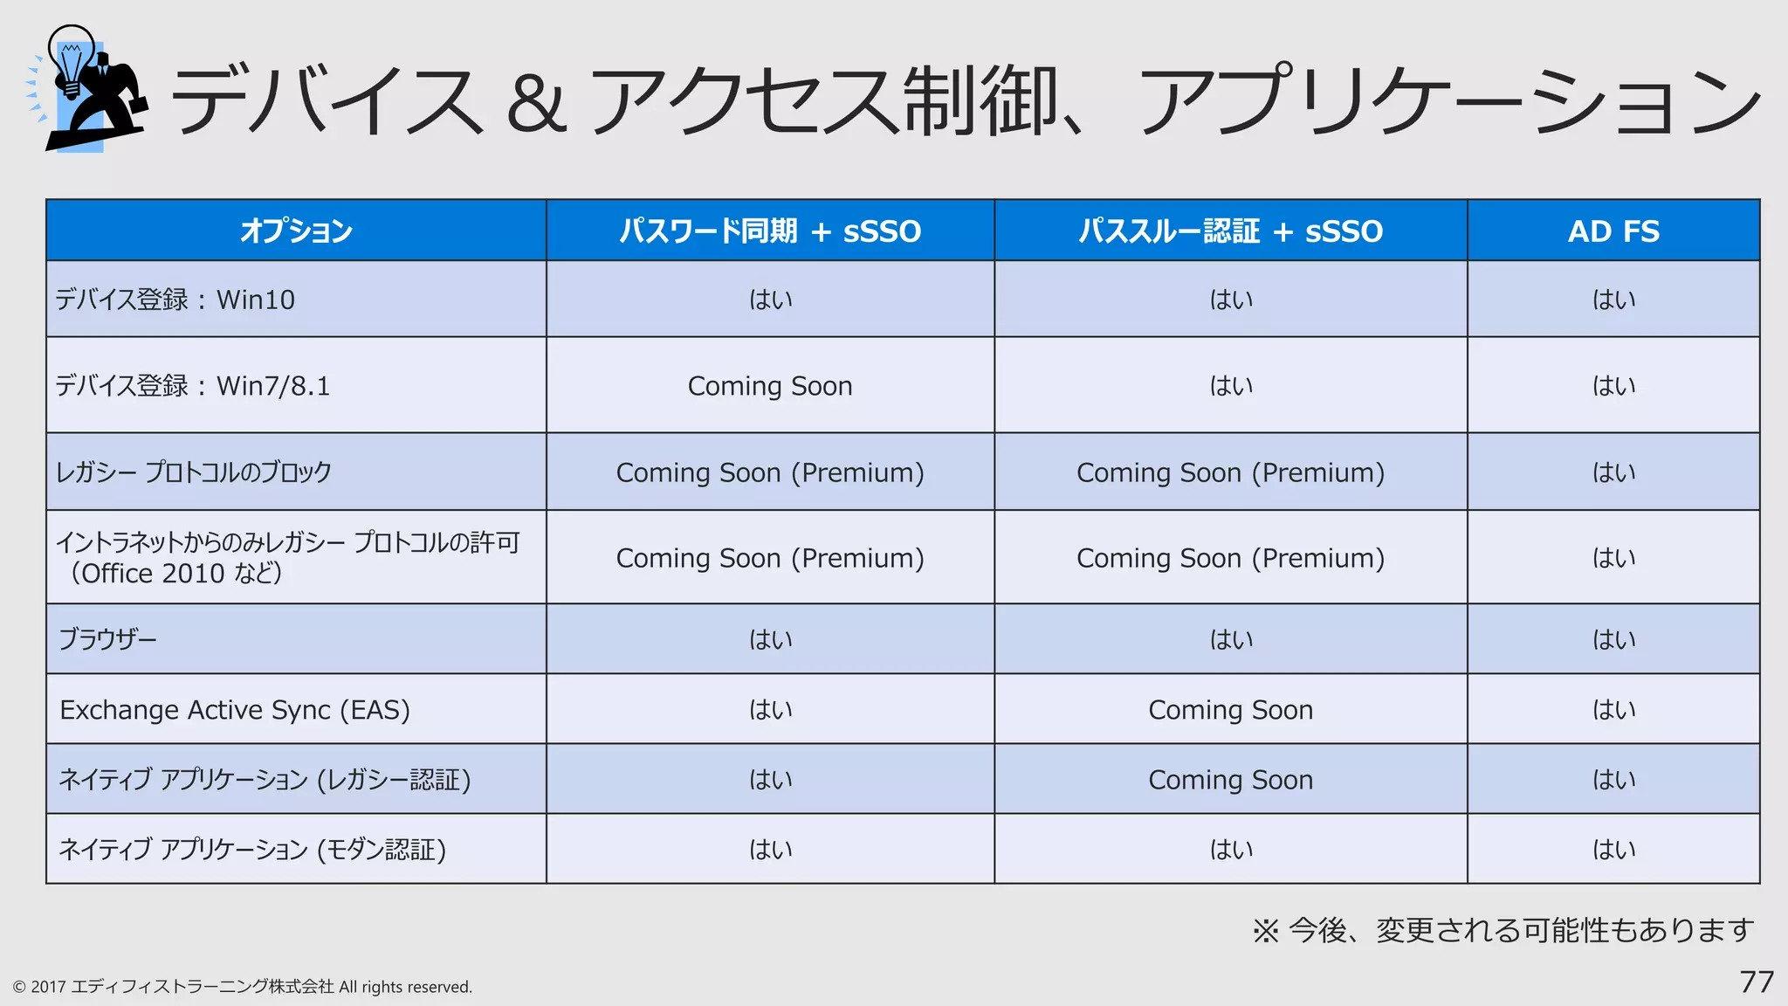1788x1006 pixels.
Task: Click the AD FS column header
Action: click(1613, 231)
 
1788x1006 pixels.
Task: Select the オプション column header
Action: click(296, 231)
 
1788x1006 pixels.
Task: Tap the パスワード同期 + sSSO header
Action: click(770, 231)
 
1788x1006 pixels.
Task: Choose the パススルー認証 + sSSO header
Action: click(1230, 231)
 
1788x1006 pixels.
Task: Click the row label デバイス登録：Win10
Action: click(175, 300)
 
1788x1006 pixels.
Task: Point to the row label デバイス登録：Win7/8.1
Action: click(193, 386)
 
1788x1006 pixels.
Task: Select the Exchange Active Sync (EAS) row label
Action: click(235, 710)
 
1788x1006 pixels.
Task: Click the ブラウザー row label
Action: click(108, 639)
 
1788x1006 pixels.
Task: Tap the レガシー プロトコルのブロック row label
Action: click(194, 472)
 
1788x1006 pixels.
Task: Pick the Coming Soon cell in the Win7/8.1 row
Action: click(770, 386)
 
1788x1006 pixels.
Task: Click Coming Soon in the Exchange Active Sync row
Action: click(1230, 710)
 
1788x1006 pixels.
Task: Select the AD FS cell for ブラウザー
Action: click(1613, 639)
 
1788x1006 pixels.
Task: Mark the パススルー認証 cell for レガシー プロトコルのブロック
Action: click(1230, 472)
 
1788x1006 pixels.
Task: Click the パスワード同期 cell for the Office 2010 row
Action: click(770, 558)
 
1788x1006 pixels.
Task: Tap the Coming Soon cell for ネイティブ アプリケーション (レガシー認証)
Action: click(1230, 780)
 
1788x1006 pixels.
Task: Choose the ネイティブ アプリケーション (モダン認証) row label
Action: click(252, 850)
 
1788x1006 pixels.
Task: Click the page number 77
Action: click(1757, 982)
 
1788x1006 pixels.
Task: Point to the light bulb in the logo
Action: click(72, 59)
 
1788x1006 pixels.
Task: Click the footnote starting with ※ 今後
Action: click(1503, 931)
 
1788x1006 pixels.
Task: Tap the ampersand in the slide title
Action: click(536, 103)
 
